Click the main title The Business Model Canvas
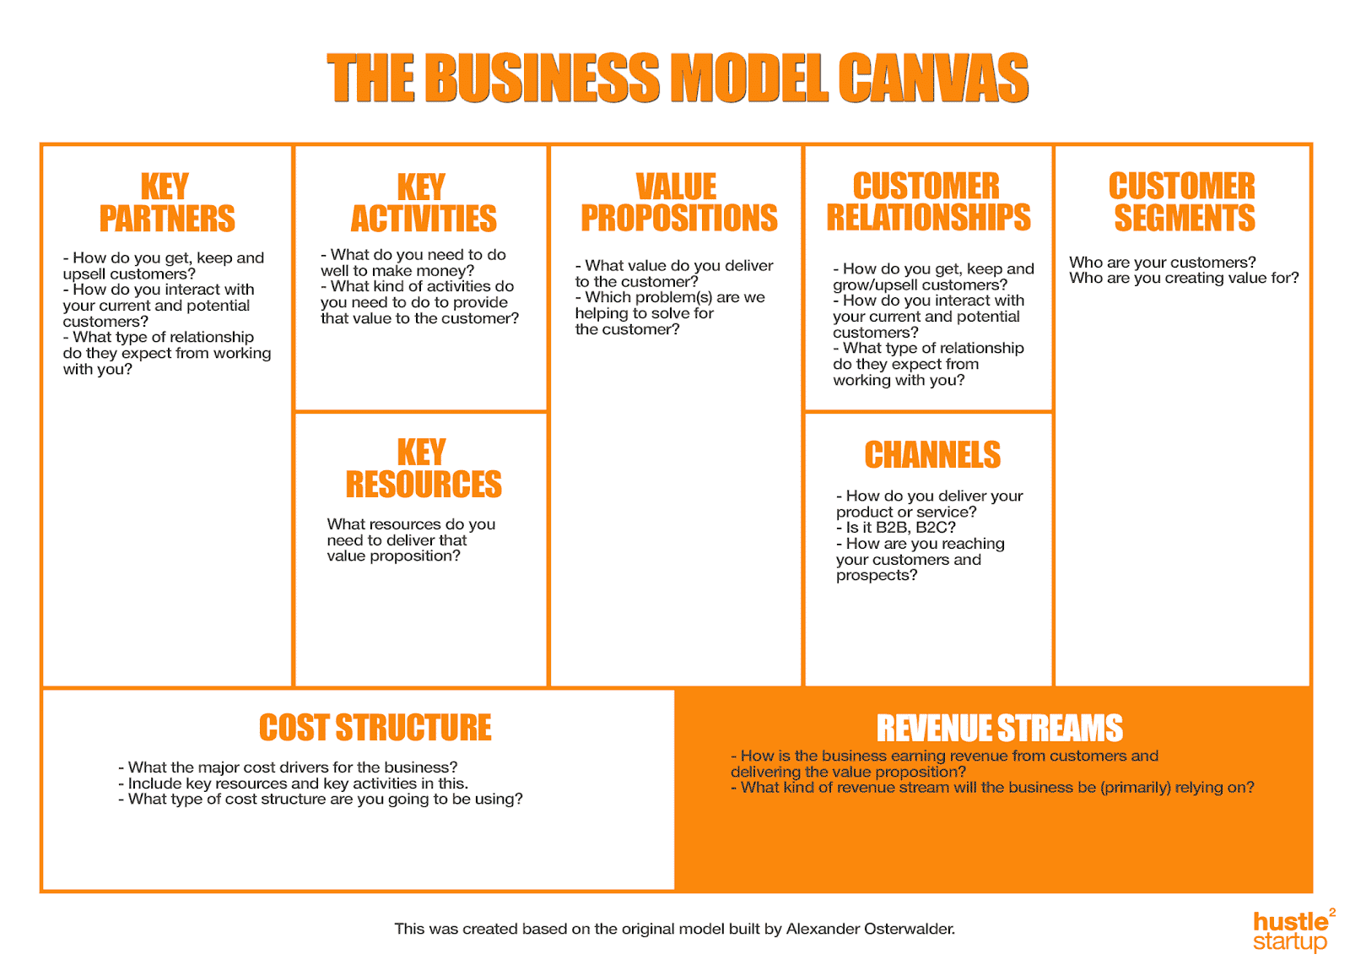(678, 78)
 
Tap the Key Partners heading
(166, 203)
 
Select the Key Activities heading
(423, 203)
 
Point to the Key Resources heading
(423, 469)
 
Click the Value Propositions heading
(678, 203)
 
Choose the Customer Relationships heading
(928, 202)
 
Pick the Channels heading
(932, 455)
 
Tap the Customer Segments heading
(1183, 202)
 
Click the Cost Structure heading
(375, 728)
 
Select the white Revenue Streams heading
(999, 728)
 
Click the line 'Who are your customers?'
(1162, 263)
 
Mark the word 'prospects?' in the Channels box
(877, 576)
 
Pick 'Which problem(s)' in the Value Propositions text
(648, 297)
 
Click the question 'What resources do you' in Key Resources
(411, 524)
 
